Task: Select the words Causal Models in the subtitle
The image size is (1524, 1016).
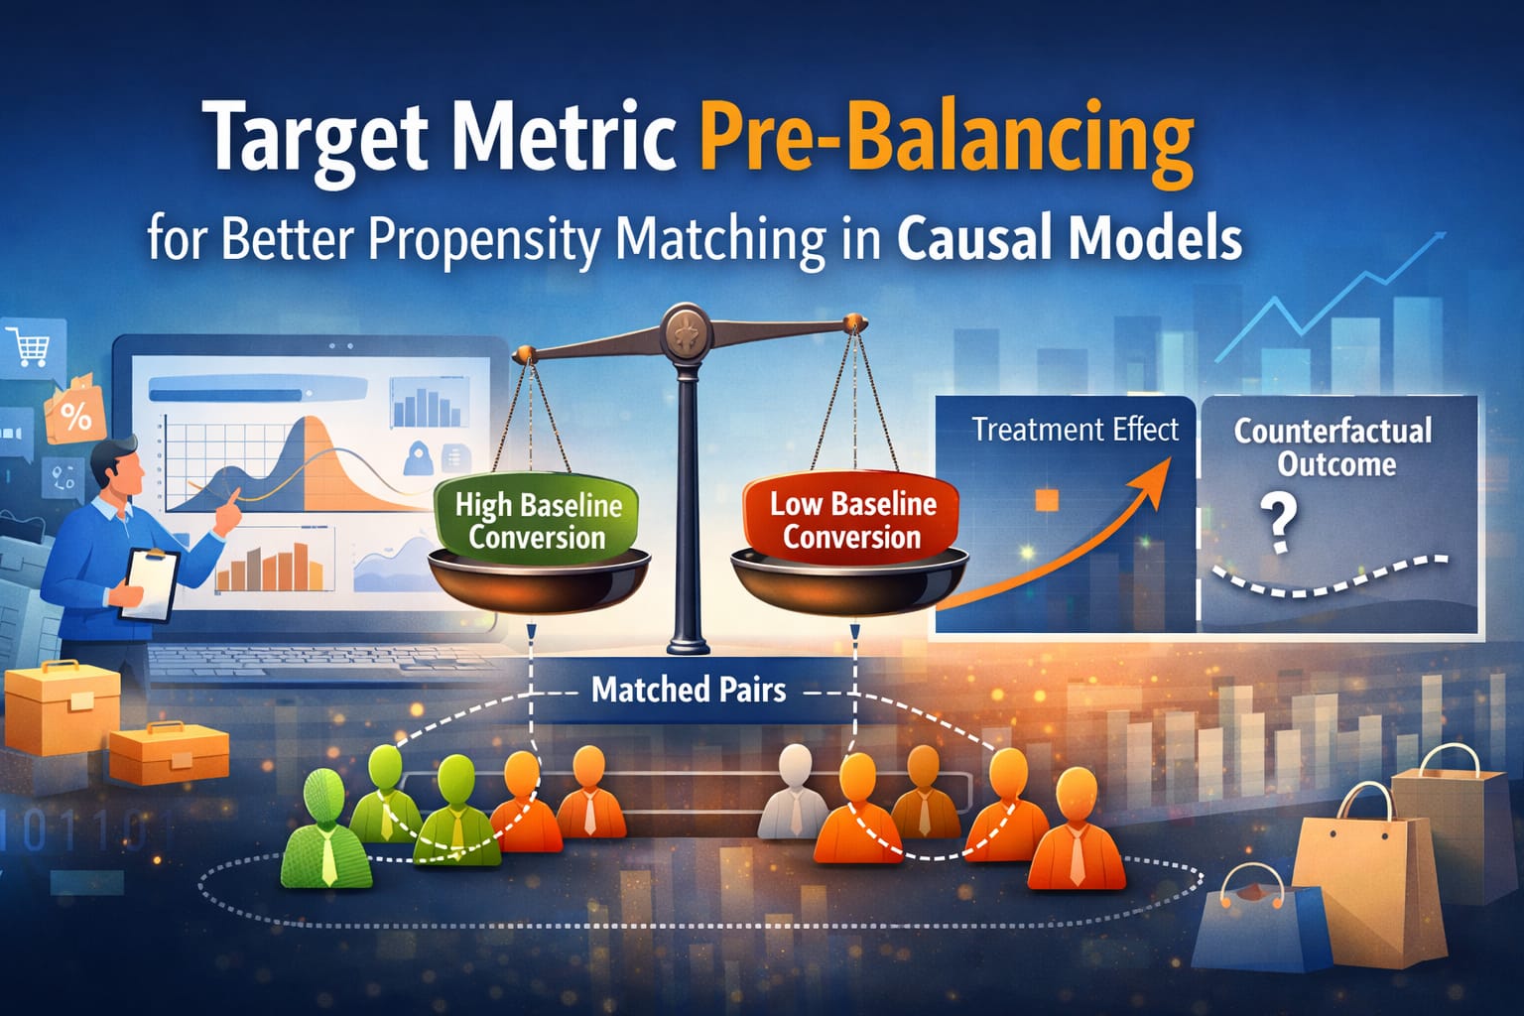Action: coord(1070,239)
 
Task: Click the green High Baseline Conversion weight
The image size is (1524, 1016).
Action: coord(538,520)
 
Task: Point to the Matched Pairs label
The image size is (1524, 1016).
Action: coord(689,690)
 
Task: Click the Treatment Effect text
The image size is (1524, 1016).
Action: coord(1075,430)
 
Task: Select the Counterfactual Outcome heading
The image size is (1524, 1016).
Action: coord(1333,447)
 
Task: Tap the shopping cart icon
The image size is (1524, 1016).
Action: coord(28,346)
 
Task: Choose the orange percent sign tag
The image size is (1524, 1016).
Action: coord(74,415)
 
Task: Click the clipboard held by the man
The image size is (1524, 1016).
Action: coord(150,583)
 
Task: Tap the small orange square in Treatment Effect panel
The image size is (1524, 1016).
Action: coord(1047,500)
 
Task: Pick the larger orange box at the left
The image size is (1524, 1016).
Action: coord(63,707)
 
